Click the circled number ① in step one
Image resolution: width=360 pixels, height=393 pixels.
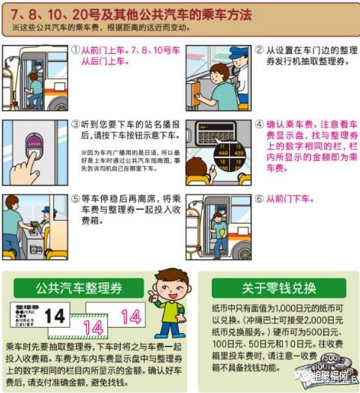click(x=76, y=50)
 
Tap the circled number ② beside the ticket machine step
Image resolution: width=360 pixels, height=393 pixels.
click(x=259, y=50)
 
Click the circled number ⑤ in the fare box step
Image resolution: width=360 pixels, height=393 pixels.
click(x=76, y=199)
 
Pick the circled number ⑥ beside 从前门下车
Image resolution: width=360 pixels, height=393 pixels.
click(x=259, y=199)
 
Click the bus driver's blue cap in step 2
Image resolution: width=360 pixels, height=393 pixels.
click(x=240, y=52)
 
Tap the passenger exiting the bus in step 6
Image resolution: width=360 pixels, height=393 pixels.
click(x=217, y=225)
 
